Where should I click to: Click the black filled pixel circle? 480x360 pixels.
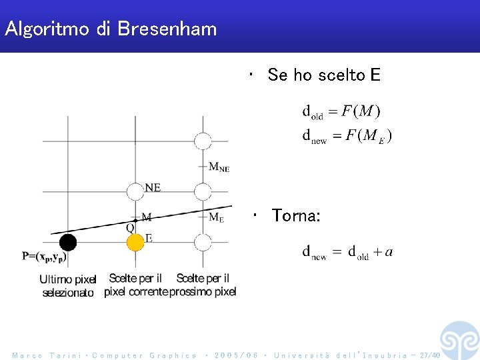pyautogui.click(x=67, y=241)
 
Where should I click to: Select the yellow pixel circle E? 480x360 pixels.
pyautogui.click(x=135, y=241)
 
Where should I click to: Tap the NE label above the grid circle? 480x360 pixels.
pyautogui.click(x=152, y=187)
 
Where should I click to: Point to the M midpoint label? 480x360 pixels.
pyautogui.click(x=146, y=217)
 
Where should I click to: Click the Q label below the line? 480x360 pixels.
pyautogui.click(x=130, y=227)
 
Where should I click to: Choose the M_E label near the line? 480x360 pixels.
pyautogui.click(x=216, y=217)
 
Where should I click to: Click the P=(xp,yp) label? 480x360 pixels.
pyautogui.click(x=44, y=255)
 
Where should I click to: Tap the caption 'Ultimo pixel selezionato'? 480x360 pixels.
pyautogui.click(x=69, y=286)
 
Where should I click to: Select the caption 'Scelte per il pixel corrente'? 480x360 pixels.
pyautogui.click(x=136, y=285)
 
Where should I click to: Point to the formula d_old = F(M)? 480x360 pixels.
pyautogui.click(x=342, y=111)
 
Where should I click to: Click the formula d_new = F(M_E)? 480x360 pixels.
pyautogui.click(x=347, y=136)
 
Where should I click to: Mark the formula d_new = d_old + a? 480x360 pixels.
pyautogui.click(x=347, y=252)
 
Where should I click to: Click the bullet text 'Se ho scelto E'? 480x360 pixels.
pyautogui.click(x=323, y=75)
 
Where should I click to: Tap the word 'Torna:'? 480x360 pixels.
pyautogui.click(x=296, y=216)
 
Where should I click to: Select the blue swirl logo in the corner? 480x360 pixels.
pyautogui.click(x=459, y=340)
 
